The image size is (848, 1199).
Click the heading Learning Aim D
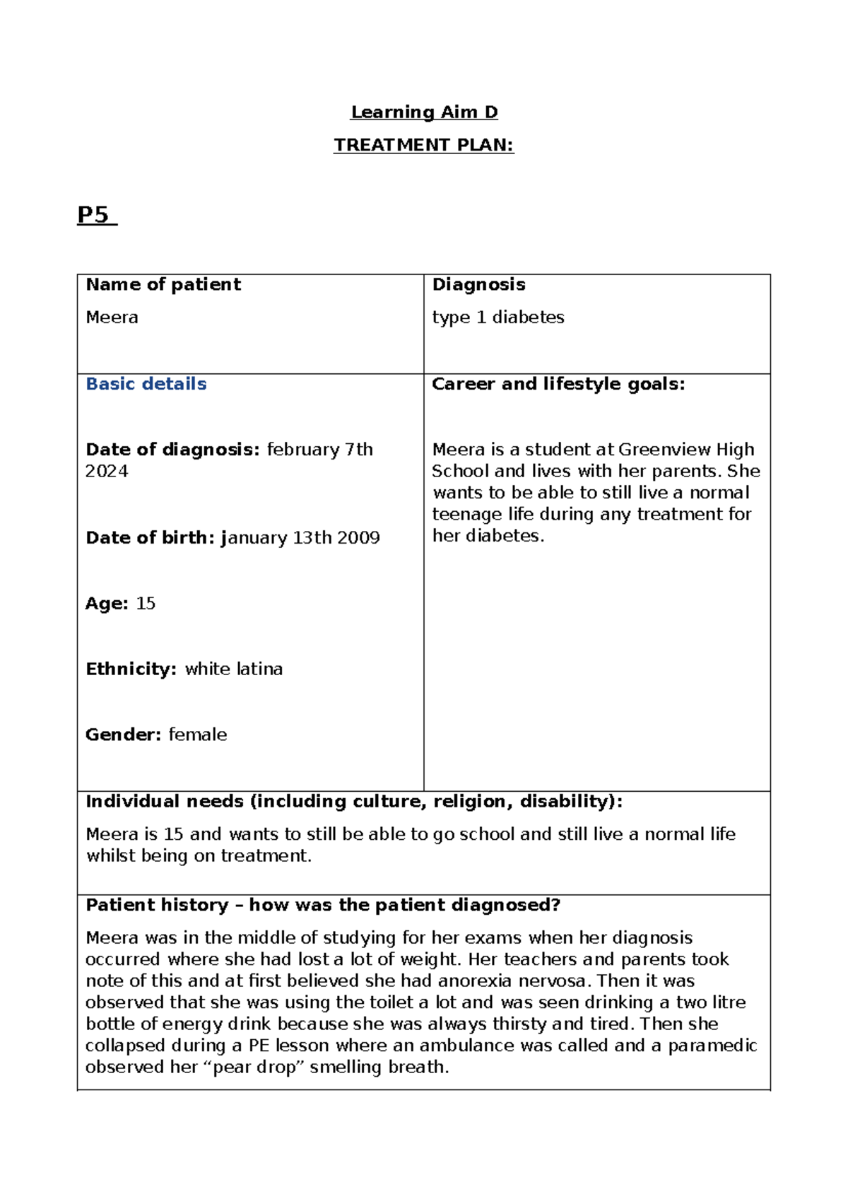[424, 112]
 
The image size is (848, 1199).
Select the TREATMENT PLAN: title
[423, 145]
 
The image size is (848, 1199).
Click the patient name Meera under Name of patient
[112, 317]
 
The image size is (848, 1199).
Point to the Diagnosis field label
[478, 284]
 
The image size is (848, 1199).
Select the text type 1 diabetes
[498, 317]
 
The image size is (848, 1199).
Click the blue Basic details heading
[146, 384]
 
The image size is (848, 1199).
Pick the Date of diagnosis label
[173, 450]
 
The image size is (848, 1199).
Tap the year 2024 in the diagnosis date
[107, 472]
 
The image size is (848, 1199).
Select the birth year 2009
[358, 538]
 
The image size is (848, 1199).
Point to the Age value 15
[146, 604]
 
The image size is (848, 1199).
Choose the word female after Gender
[198, 735]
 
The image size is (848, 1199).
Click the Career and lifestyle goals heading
[558, 384]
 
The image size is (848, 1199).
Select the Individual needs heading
[354, 802]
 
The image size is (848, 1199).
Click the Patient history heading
[323, 905]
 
